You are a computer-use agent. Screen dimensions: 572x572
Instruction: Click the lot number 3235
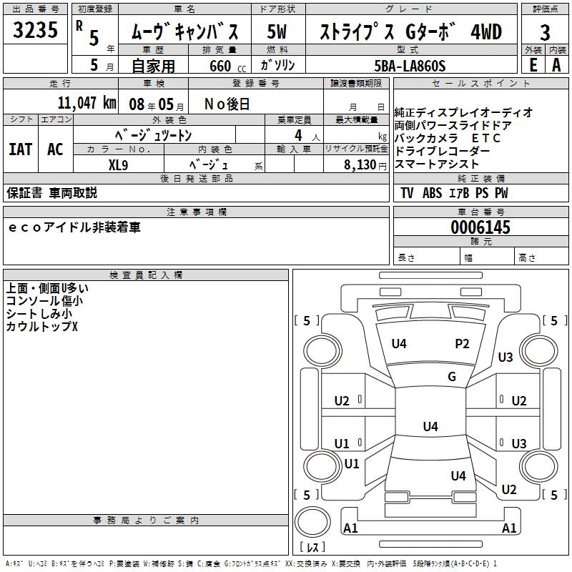point(35,31)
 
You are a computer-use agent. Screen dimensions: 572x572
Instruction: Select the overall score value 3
point(545,32)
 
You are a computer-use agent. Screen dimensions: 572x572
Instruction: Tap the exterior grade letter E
point(533,64)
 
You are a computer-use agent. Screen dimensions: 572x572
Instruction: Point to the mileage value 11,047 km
point(86,103)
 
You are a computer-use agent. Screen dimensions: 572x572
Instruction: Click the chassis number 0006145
point(480,227)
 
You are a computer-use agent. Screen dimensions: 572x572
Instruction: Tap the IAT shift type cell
point(20,149)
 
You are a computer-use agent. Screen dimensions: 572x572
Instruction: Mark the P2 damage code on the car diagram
point(462,344)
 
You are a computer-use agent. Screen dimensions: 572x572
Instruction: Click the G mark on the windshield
point(451,377)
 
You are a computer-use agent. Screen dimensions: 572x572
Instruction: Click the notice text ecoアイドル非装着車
point(74,227)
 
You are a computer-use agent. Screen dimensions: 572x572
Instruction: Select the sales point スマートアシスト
point(436,164)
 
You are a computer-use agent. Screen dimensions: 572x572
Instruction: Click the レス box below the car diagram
point(314,547)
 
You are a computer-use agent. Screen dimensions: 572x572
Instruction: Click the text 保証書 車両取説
point(51,193)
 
